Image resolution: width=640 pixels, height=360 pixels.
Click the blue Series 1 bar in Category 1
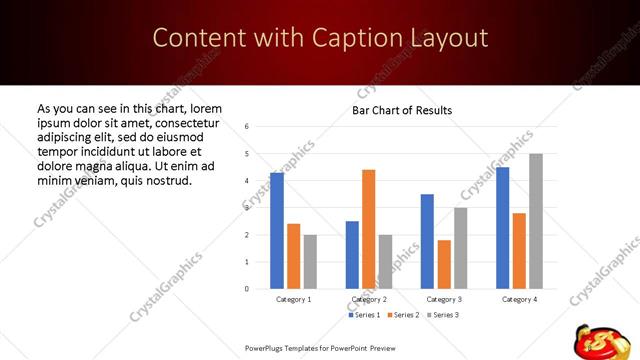[x=277, y=231]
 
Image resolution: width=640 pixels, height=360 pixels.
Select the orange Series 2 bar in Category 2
[x=369, y=229]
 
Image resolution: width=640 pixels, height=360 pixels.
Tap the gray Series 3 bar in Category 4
[x=536, y=221]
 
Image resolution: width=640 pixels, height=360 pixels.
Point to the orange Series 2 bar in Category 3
[x=444, y=264]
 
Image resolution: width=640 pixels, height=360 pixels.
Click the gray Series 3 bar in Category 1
[x=311, y=262]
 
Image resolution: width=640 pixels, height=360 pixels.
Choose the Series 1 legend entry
[x=365, y=315]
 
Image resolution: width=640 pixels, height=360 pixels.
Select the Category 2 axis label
[x=369, y=299]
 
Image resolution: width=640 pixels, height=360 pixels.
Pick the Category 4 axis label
[x=519, y=299]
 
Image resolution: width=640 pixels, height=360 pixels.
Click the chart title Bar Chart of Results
[x=402, y=110]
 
